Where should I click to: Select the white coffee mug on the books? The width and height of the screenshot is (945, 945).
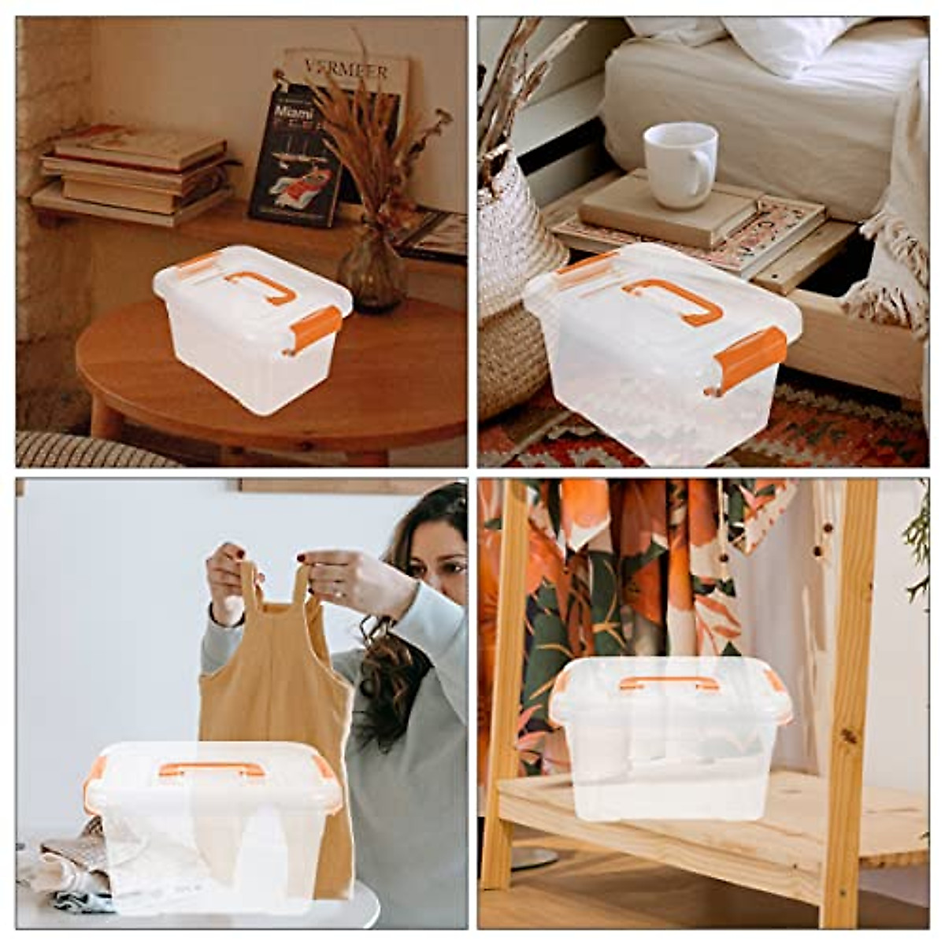pyautogui.click(x=679, y=165)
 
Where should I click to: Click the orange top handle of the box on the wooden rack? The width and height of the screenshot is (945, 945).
pyautogui.click(x=669, y=682)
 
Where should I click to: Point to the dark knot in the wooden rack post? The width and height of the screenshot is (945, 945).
pyautogui.click(x=849, y=736)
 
